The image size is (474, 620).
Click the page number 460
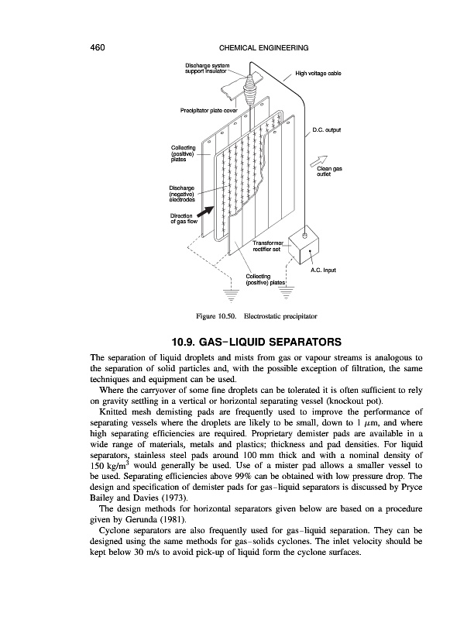click(97, 47)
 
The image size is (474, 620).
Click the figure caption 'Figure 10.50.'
click(219, 318)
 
